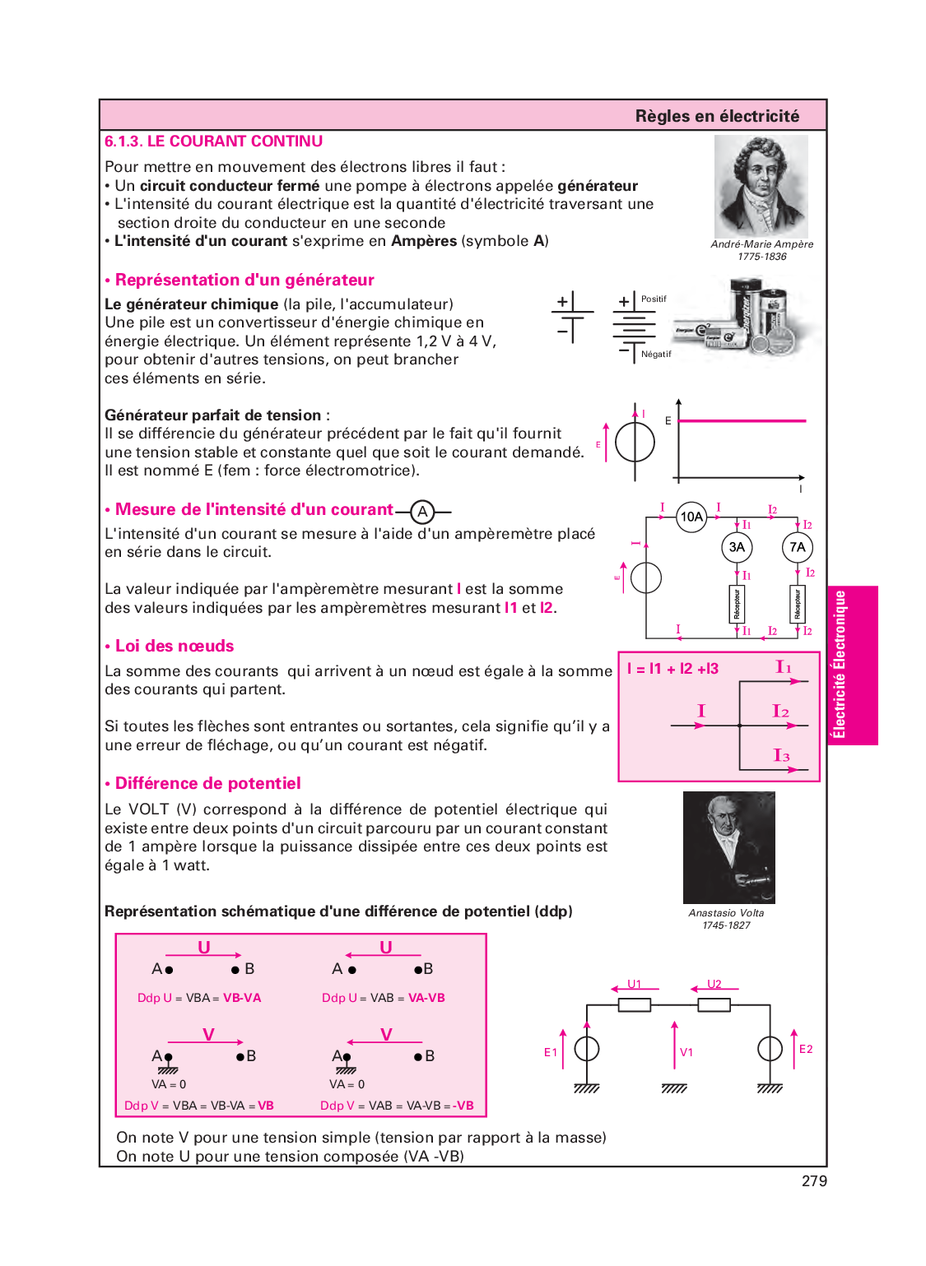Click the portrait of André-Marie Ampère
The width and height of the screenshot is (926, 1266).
761,187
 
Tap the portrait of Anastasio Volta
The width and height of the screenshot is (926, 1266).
728,847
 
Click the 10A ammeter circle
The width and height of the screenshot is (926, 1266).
691,517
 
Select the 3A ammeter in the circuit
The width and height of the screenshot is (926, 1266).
737,547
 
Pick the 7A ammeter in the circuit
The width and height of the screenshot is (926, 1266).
797,547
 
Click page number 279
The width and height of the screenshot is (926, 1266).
814,1181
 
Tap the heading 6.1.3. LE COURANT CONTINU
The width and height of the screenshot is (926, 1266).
213,141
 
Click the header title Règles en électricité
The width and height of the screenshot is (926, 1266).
717,116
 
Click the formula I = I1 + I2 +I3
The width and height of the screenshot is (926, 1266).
672,669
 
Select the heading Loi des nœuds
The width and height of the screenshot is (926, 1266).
174,646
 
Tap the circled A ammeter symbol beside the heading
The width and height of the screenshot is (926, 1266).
422,512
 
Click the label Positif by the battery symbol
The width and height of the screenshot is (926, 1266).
654,299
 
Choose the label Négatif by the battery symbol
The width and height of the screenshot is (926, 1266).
656,355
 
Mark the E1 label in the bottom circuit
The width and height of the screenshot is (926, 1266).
551,1052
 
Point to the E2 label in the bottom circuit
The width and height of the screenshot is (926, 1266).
806,1049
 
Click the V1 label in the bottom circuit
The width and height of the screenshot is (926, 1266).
686,1052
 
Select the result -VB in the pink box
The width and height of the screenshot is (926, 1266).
464,1106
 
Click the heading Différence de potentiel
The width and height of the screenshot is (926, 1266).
207,783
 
